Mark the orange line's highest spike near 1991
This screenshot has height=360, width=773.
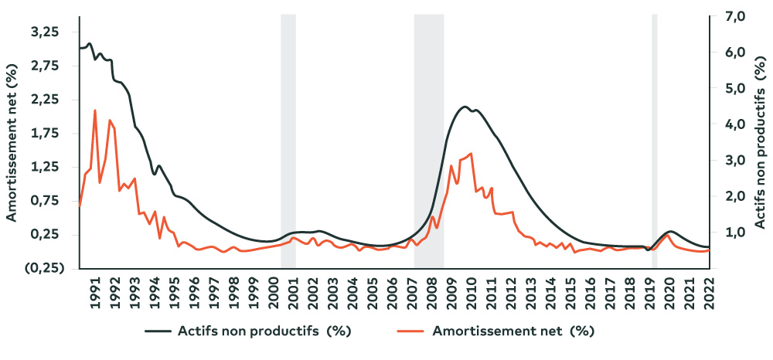pyautogui.click(x=95, y=110)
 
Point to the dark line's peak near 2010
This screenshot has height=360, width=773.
pyautogui.click(x=465, y=107)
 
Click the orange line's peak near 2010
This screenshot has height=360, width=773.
pyautogui.click(x=471, y=154)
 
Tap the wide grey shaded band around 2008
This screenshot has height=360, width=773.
pyautogui.click(x=429, y=139)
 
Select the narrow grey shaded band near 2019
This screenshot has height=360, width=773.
pyautogui.click(x=655, y=139)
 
